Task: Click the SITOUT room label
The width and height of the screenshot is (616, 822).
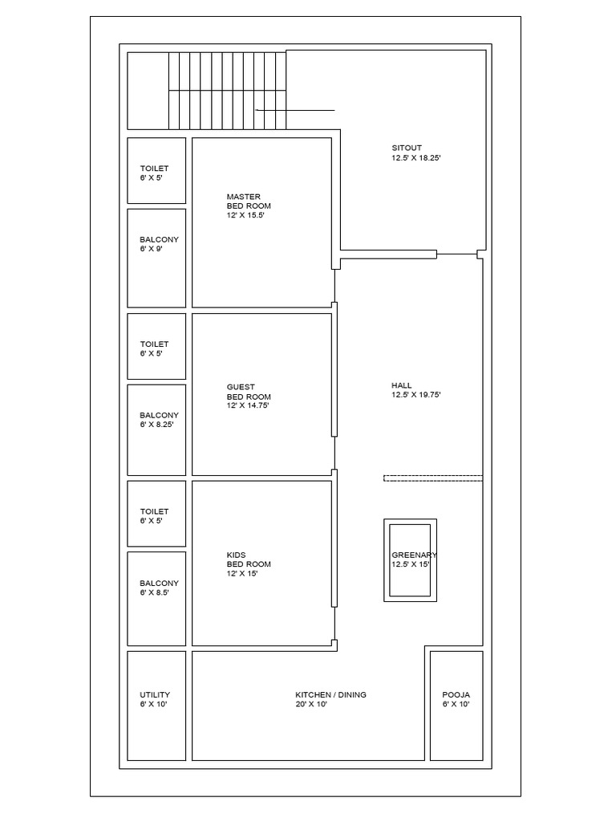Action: coord(407,148)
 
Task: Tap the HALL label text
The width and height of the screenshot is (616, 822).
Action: coord(401,385)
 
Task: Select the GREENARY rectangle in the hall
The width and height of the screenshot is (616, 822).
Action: coord(410,560)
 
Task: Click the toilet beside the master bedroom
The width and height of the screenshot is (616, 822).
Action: coord(156,170)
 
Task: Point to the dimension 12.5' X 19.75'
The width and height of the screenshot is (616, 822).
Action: coord(416,395)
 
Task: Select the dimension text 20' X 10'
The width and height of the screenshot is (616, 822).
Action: coord(311,705)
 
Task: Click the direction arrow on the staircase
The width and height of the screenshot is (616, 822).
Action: coord(294,110)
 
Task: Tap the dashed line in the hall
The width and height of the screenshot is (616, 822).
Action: coord(433,478)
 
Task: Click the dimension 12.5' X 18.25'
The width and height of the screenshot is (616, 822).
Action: coord(416,158)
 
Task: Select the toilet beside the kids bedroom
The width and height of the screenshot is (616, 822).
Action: coord(156,514)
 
